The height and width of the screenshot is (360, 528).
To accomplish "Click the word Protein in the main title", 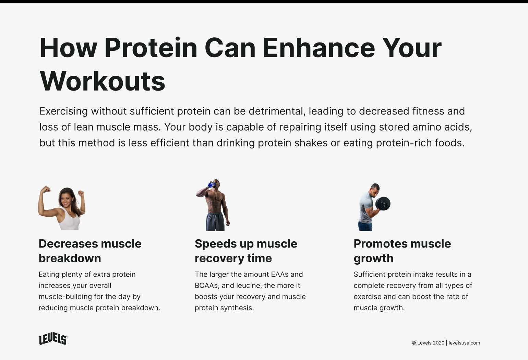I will tap(151, 48).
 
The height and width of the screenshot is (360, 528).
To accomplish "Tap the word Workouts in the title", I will tap(103, 81).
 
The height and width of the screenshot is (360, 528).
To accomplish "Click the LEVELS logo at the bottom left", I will tap(53, 339).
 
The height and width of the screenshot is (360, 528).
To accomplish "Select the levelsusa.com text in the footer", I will tap(464, 343).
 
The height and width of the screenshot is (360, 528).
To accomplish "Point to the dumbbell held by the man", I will tap(383, 204).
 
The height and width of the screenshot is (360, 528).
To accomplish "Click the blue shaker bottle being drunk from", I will tap(211, 185).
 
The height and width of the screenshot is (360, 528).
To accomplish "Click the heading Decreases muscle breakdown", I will tap(90, 251).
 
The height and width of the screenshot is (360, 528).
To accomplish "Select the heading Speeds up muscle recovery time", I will tap(246, 251).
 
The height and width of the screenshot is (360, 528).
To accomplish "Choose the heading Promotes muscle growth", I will tap(402, 251).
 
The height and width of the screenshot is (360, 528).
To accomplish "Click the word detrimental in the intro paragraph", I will tap(276, 111).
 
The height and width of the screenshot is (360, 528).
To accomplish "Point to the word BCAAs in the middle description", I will tap(206, 286).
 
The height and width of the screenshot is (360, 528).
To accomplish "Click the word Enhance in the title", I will tap(319, 48).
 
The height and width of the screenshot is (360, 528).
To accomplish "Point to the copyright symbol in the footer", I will tap(414, 343).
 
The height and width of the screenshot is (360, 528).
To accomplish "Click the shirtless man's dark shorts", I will tap(215, 222).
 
